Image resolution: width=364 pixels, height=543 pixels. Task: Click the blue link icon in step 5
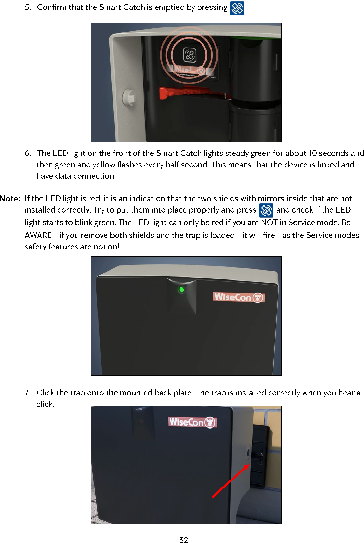tap(237, 8)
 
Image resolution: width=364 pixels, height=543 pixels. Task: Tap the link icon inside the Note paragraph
tap(266, 210)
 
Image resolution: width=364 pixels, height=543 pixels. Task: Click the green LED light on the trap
tap(181, 290)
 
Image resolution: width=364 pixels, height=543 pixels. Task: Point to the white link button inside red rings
tap(190, 55)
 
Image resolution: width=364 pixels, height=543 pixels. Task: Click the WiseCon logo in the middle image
tap(239, 297)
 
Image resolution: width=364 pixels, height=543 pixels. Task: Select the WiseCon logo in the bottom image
tap(192, 422)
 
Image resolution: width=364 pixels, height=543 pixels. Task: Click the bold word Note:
tap(10, 199)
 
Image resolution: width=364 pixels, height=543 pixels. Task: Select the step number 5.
tap(27, 7)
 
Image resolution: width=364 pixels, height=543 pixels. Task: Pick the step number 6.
tap(27, 153)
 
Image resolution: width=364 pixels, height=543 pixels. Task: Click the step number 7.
tap(27, 393)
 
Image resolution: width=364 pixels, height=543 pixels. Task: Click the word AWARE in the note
tap(38, 235)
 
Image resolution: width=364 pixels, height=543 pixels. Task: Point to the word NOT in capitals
tap(269, 223)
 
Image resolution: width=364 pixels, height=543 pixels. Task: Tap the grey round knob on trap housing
tap(129, 97)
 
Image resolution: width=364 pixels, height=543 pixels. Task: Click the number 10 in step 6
tap(313, 153)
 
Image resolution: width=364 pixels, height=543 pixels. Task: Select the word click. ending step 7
tap(45, 404)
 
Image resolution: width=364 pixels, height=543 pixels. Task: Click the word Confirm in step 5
tap(52, 7)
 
